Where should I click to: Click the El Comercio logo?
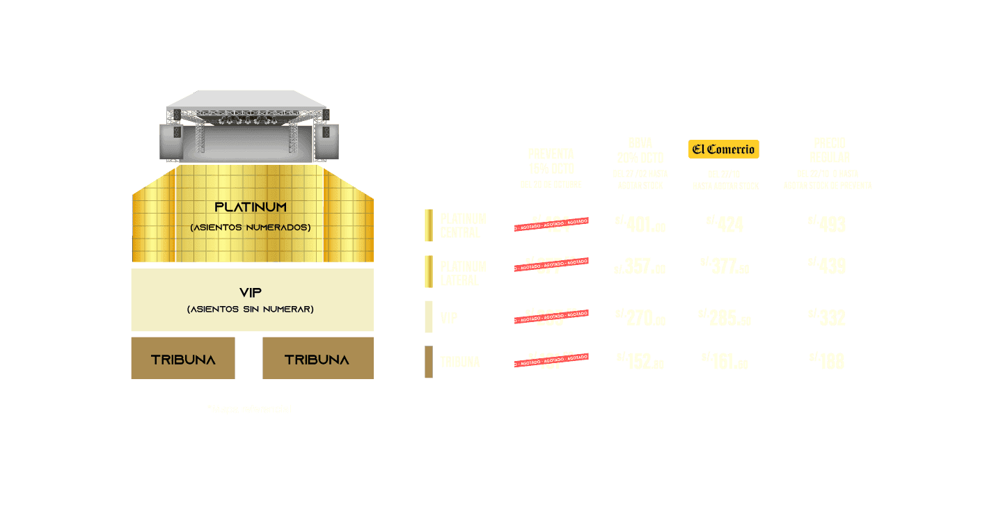[723, 150]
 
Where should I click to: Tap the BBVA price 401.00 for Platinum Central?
[640, 225]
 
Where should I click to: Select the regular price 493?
[827, 224]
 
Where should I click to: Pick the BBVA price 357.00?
[640, 268]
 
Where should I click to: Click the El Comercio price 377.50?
[725, 266]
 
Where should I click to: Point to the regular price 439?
[827, 266]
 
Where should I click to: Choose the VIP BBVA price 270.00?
[640, 318]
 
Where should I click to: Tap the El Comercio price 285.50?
[725, 317]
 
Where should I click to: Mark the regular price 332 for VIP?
[827, 317]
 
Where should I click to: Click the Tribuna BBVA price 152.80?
[640, 362]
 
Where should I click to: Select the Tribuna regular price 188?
[827, 361]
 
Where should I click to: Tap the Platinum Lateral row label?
[463, 273]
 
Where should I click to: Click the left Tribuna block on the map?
[183, 359]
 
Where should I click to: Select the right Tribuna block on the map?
[317, 359]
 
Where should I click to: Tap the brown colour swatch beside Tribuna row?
[429, 362]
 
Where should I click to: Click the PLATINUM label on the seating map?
[251, 207]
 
